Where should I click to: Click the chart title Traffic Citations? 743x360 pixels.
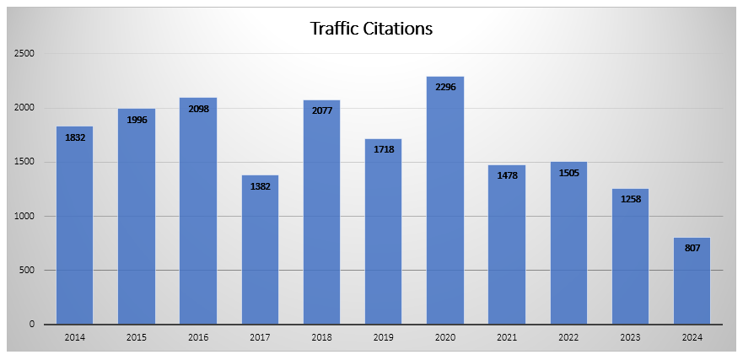[371, 29]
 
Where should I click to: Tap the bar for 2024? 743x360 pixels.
[692, 287]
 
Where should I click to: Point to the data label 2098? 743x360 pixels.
[198, 109]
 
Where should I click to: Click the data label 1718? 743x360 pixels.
[384, 149]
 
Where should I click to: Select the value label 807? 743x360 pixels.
[692, 248]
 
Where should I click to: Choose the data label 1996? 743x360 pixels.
[137, 120]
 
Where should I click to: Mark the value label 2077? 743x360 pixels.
[322, 110]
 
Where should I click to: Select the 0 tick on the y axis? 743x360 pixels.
[31, 325]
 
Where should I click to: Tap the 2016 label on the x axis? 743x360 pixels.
[198, 337]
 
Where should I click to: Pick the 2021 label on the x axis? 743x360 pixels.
[507, 337]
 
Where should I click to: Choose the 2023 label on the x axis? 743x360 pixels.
[631, 337]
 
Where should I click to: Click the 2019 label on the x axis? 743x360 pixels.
[384, 337]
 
